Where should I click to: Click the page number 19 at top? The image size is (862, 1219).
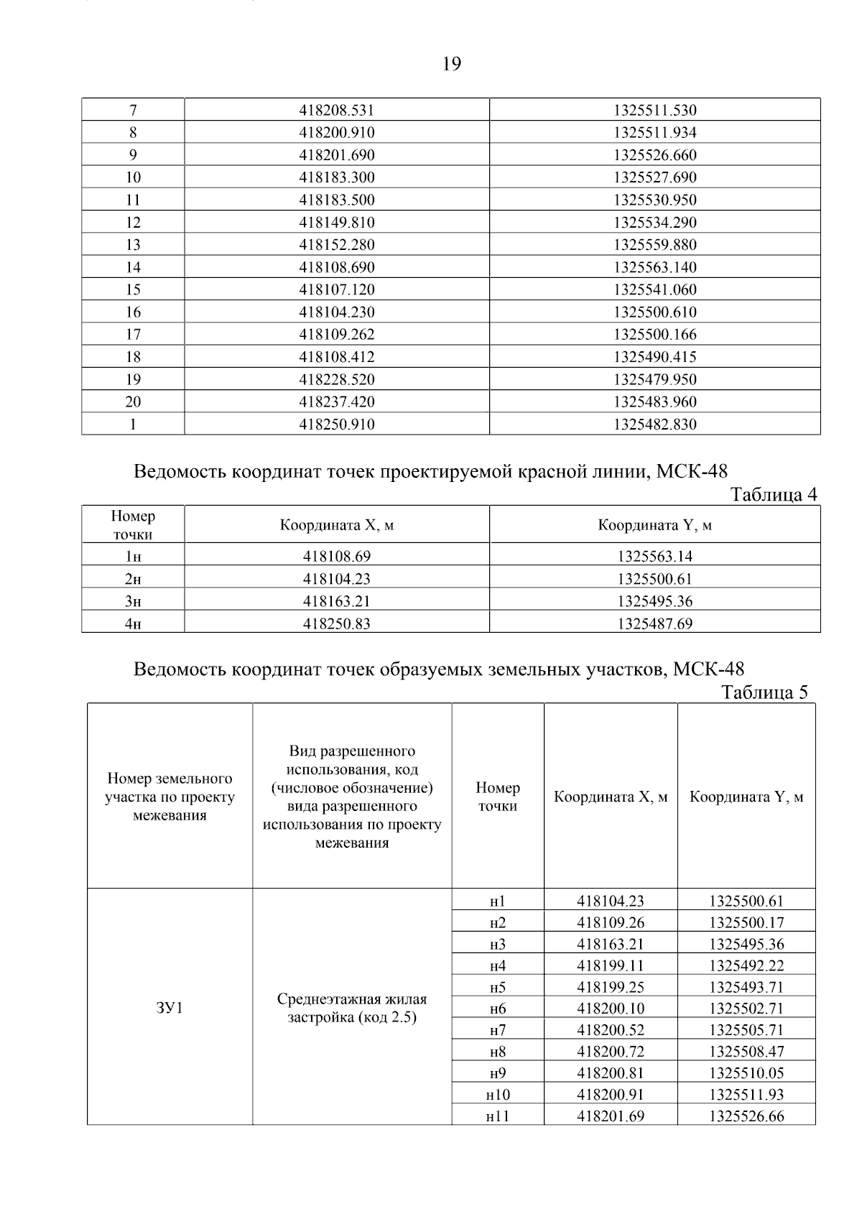[x=451, y=65]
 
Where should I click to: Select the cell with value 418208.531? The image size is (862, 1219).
[x=336, y=111]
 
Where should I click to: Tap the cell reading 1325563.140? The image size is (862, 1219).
[x=654, y=267]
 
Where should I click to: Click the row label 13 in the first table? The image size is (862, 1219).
[x=133, y=245]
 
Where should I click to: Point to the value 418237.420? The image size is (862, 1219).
[x=336, y=402]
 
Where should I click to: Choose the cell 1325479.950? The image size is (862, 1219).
[x=654, y=379]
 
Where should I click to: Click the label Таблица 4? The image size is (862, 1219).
[x=773, y=495]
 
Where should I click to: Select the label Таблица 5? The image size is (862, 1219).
[x=764, y=692]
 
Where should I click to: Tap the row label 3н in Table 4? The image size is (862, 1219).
[x=133, y=601]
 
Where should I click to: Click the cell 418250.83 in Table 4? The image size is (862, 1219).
[x=336, y=624]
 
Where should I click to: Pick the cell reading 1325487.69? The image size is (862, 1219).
[x=654, y=624]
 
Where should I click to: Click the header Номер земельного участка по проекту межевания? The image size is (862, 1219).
[x=170, y=797]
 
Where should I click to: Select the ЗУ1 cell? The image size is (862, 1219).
[x=170, y=1008]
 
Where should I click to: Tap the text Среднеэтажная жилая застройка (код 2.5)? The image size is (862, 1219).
[x=352, y=1008]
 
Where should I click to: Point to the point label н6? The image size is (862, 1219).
[x=498, y=1009]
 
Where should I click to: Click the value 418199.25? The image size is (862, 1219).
[x=611, y=987]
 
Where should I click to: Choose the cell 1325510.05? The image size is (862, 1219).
[x=746, y=1073]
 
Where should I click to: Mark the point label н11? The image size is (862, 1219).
[x=498, y=1116]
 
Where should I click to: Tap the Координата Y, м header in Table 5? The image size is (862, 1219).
[x=746, y=797]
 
